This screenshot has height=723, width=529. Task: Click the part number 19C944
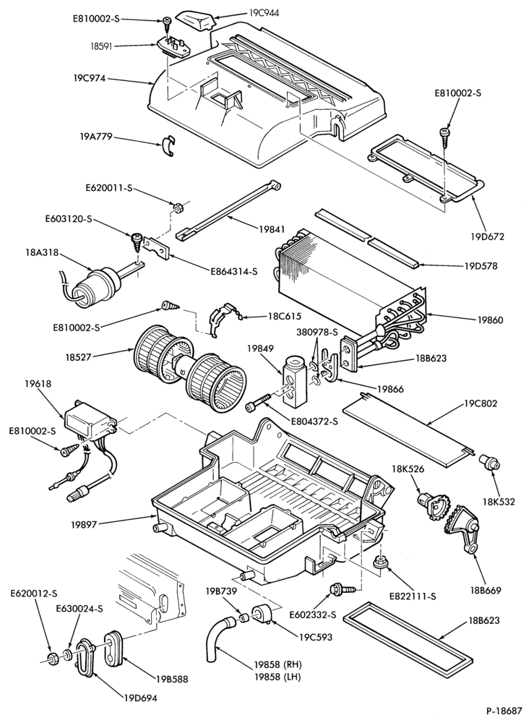[264, 13]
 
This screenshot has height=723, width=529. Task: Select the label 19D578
[481, 266]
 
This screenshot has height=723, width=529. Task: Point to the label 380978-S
[318, 333]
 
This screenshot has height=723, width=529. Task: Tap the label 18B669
[486, 590]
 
